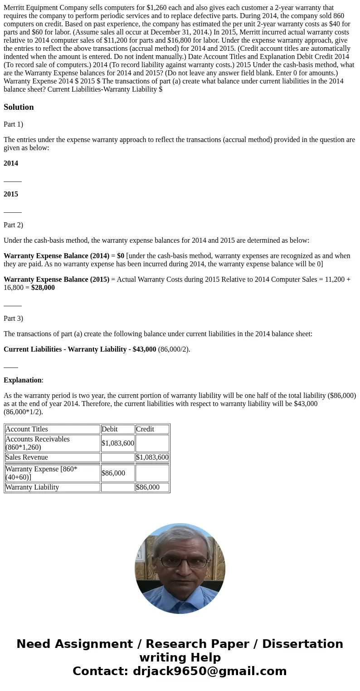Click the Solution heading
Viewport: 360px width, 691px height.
[19, 107]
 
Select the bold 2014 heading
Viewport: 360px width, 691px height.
[11, 163]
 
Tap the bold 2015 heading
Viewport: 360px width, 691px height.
[11, 194]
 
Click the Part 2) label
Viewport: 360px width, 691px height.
[13, 225]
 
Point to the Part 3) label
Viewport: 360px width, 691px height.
[13, 319]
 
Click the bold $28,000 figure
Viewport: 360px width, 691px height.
[43, 288]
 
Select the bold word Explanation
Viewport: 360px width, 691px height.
[23, 380]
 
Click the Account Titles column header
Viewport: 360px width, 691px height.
[27, 429]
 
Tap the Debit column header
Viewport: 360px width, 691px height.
[110, 429]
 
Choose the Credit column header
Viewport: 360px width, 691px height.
[145, 429]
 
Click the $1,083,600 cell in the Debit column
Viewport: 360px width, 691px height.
[118, 443]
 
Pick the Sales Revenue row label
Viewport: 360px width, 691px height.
[27, 457]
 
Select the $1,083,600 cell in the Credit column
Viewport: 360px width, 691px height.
[152, 457]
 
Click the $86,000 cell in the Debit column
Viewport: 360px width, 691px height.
[113, 473]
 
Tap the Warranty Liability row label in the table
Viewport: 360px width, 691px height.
[32, 487]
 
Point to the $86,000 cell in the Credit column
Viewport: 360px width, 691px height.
[148, 487]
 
